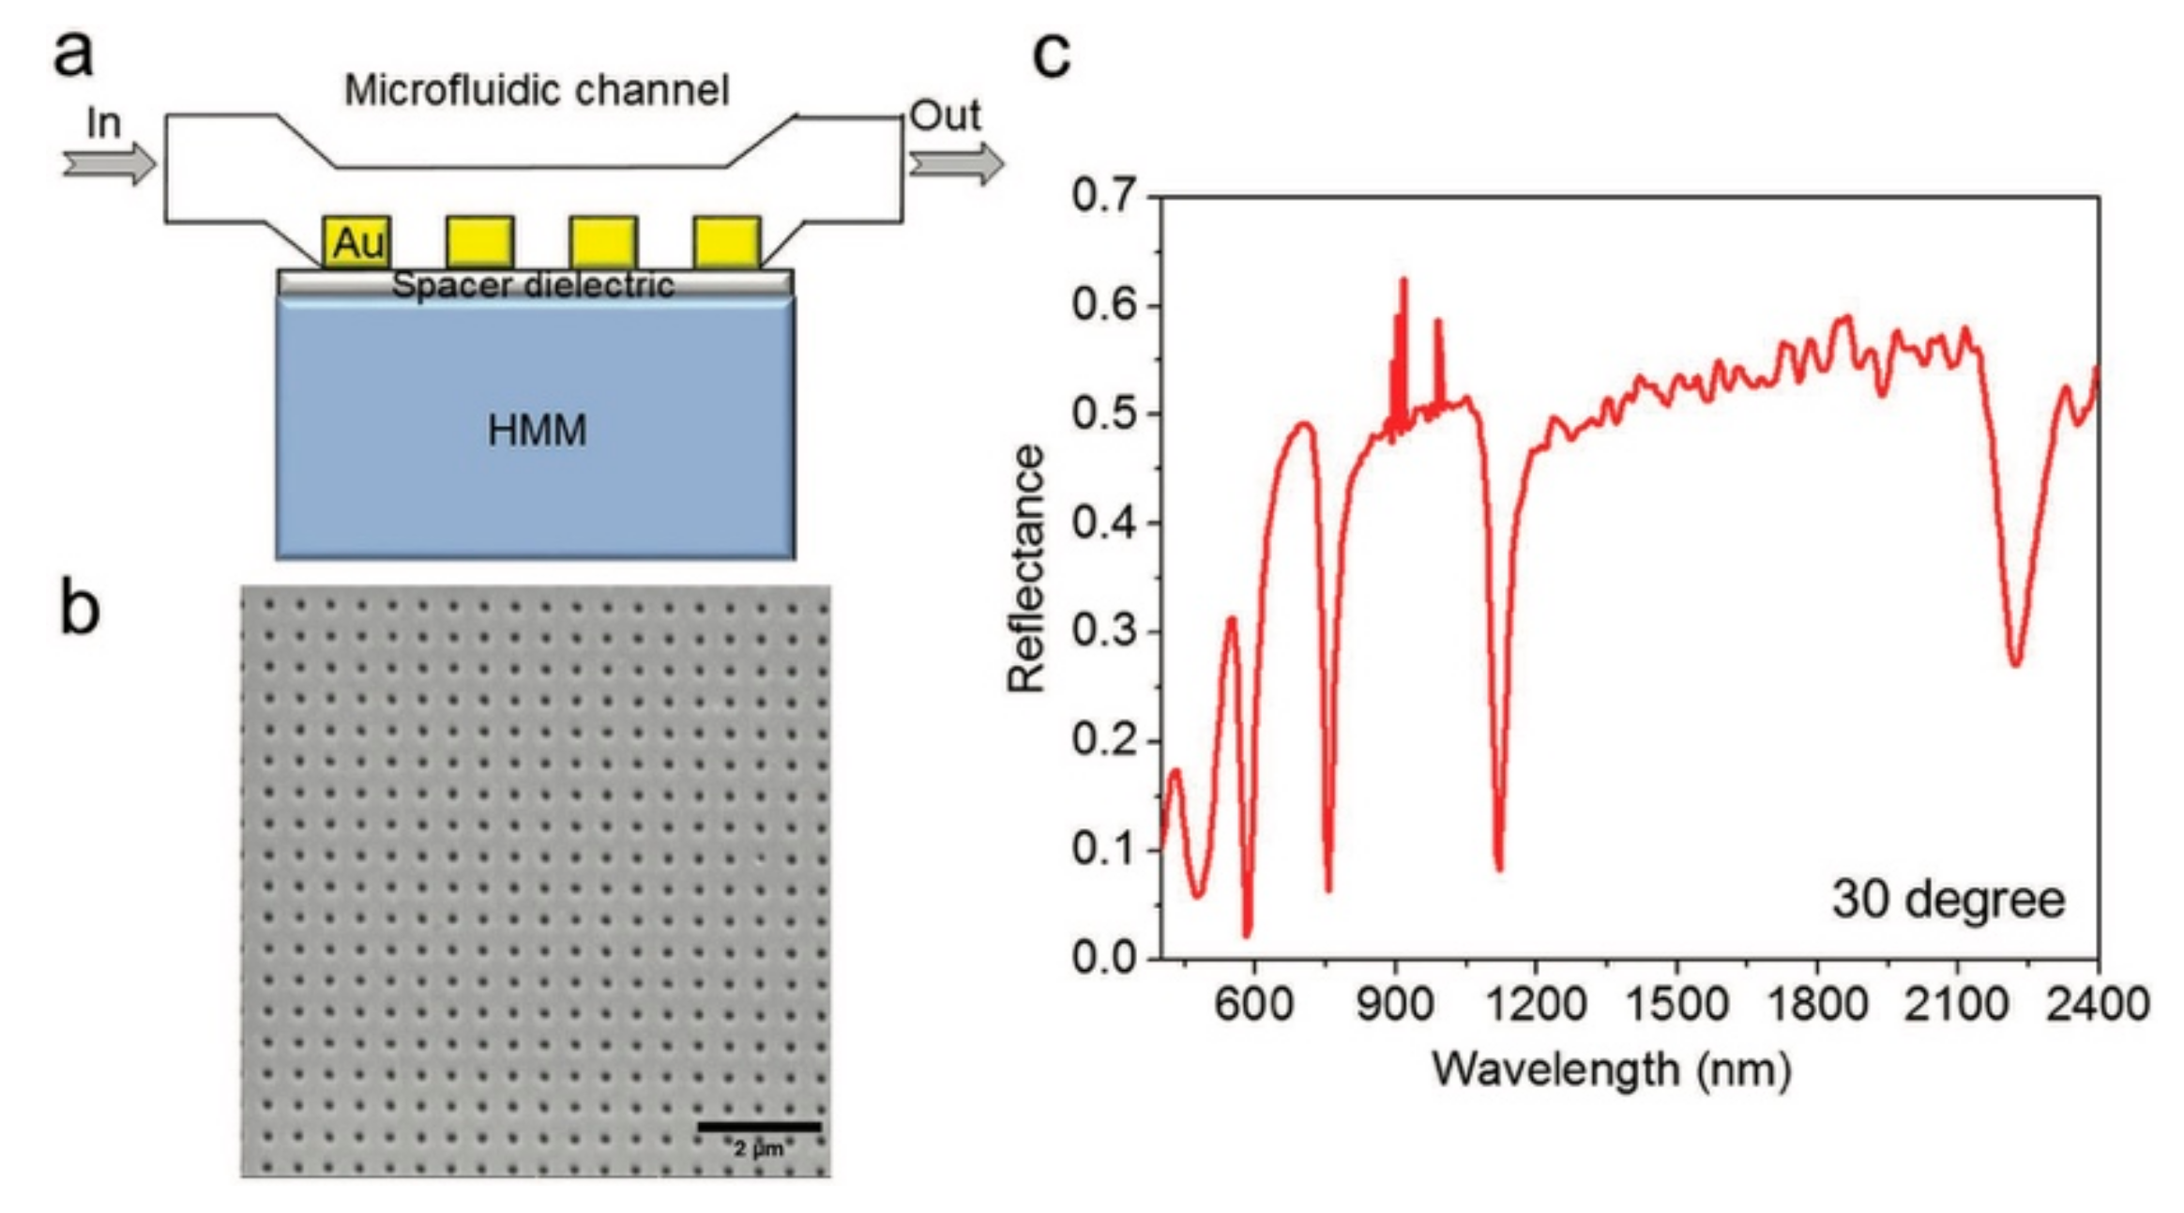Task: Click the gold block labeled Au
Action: pyautogui.click(x=356, y=243)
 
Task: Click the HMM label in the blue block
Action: pyautogui.click(x=537, y=431)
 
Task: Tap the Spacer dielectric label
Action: pyautogui.click(x=533, y=285)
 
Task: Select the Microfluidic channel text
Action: pyautogui.click(x=536, y=91)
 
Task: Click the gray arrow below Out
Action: pyautogui.click(x=956, y=164)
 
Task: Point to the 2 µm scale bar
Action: pyautogui.click(x=759, y=1127)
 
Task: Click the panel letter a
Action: pyautogui.click(x=73, y=53)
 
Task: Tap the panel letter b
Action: pyautogui.click(x=79, y=608)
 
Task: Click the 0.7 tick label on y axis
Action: pyautogui.click(x=1103, y=196)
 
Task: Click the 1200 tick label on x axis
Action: pyautogui.click(x=1536, y=1004)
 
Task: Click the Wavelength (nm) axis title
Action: pyautogui.click(x=1611, y=1069)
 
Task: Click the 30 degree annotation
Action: pyautogui.click(x=1948, y=899)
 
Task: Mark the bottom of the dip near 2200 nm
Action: pyautogui.click(x=2015, y=663)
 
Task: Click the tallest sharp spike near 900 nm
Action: pyautogui.click(x=1403, y=281)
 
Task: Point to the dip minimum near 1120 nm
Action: pyautogui.click(x=1499, y=868)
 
